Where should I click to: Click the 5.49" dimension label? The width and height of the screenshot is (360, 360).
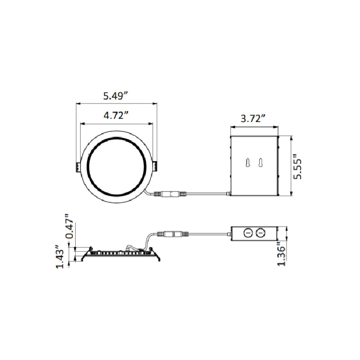pyautogui.click(x=116, y=95)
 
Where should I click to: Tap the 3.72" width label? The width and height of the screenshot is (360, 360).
pyautogui.click(x=253, y=119)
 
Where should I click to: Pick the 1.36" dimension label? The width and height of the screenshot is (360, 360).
pyautogui.click(x=282, y=255)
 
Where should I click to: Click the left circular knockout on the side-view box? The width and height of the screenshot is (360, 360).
pyautogui.click(x=247, y=233)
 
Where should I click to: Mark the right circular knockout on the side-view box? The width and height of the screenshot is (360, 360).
pyautogui.click(x=259, y=233)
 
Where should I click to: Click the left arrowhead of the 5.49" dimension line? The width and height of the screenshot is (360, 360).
pyautogui.click(x=77, y=103)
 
